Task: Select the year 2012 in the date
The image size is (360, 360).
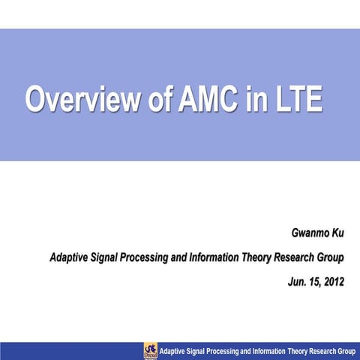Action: pyautogui.click(x=330, y=283)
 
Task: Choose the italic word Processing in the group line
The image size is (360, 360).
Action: pyautogui.click(x=150, y=258)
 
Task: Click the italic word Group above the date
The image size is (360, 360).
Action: pyautogui.click(x=331, y=258)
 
